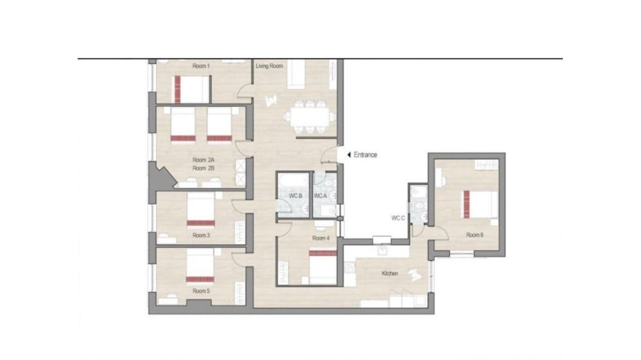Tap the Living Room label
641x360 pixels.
click(269, 66)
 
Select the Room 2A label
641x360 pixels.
click(203, 160)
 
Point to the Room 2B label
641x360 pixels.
click(203, 168)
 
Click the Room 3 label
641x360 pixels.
click(201, 235)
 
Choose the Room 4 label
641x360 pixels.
click(320, 238)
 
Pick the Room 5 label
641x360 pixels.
click(201, 290)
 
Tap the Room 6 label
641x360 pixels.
click(475, 235)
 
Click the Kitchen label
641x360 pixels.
click(390, 274)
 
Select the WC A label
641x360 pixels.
click(320, 195)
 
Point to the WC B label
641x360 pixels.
click(296, 195)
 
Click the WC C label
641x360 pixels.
click(398, 218)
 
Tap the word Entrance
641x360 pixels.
click(365, 155)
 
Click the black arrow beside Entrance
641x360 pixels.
click(348, 155)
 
